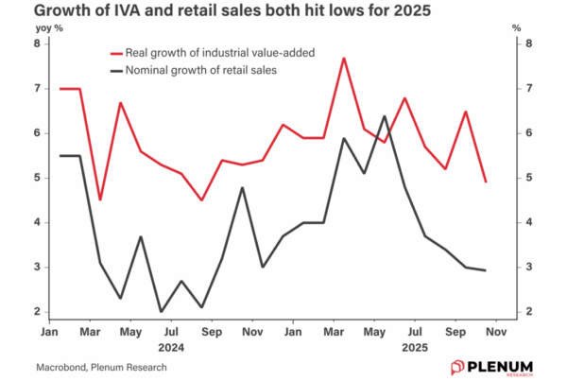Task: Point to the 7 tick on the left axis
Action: [39, 88]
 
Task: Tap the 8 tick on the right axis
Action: [529, 43]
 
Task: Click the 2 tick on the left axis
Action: [39, 312]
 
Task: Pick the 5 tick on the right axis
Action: [529, 178]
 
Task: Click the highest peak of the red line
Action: [344, 59]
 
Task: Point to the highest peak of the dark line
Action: [384, 117]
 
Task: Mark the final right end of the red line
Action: [485, 182]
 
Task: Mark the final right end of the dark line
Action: [485, 270]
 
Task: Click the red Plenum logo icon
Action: [456, 366]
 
